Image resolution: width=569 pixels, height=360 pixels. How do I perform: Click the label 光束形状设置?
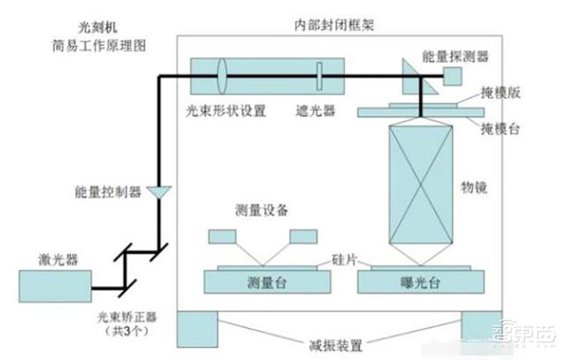[x=225, y=110]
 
